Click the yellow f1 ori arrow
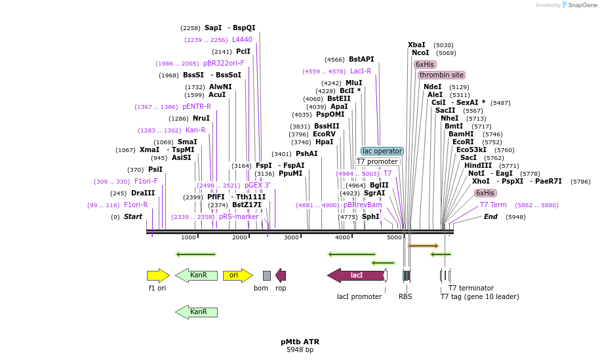(x=157, y=275)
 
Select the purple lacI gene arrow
(x=355, y=275)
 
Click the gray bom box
(x=266, y=275)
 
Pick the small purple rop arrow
(x=281, y=275)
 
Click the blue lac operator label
(x=382, y=151)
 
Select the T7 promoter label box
(x=377, y=161)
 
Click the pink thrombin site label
(x=441, y=75)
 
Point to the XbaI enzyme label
(x=416, y=45)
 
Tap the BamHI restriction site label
(x=461, y=134)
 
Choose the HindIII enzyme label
(x=478, y=165)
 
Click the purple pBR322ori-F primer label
(x=224, y=64)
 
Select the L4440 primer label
(x=242, y=39)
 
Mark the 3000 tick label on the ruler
(x=291, y=237)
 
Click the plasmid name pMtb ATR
(x=300, y=342)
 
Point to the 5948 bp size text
(x=300, y=350)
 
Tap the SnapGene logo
(x=578, y=5)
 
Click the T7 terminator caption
(x=471, y=288)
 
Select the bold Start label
(x=132, y=216)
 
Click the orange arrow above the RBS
(x=423, y=246)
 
